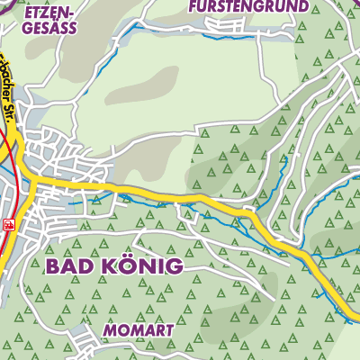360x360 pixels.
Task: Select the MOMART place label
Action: click(145, 330)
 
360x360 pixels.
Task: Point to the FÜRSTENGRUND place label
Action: click(247, 6)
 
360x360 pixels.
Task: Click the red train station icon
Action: click(9, 225)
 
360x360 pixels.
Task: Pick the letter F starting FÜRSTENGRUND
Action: click(193, 6)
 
